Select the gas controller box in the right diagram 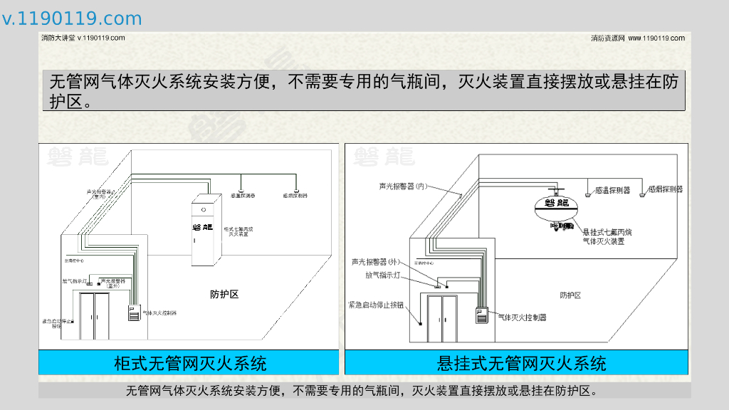pyautogui.click(x=483, y=315)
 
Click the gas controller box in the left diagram pyautogui.click(x=133, y=312)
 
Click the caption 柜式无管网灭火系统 pyautogui.click(x=189, y=363)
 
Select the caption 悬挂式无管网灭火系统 pyautogui.click(x=521, y=363)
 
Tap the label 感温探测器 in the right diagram pyautogui.click(x=613, y=190)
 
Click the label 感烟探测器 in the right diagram pyautogui.click(x=666, y=189)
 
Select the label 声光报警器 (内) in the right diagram pyautogui.click(x=402, y=186)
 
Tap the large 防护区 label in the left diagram pyautogui.click(x=224, y=294)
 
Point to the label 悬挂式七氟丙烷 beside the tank pyautogui.click(x=607, y=232)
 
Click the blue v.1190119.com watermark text pyautogui.click(x=72, y=19)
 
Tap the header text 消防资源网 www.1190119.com pyautogui.click(x=638, y=38)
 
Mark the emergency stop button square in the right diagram pyautogui.click(x=421, y=324)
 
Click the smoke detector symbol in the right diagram pyautogui.click(x=643, y=193)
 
